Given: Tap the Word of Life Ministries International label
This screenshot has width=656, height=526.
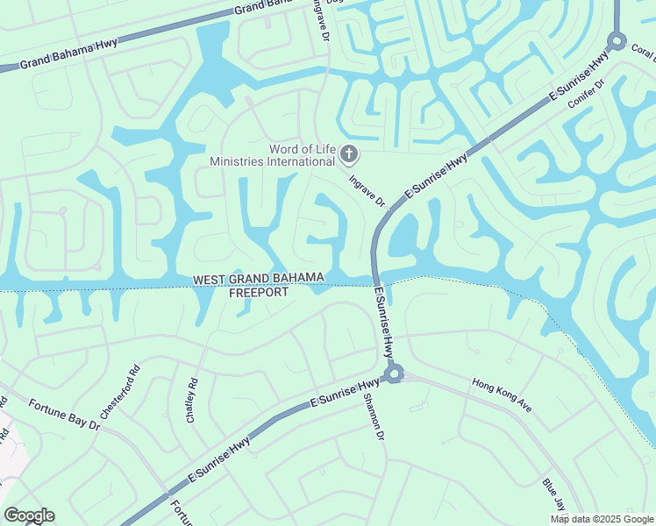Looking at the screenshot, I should pos(272,155).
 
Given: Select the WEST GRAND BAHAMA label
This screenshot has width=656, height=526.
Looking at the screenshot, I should pos(259,279).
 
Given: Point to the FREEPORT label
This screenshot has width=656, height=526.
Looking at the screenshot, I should pos(258,293).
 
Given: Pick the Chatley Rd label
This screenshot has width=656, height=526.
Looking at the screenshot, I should pos(193,402).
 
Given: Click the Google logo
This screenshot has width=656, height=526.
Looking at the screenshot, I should pos(29,515).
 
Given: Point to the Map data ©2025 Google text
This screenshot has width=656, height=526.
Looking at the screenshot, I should pos(602,519).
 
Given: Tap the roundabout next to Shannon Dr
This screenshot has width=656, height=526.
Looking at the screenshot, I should pos(394,373).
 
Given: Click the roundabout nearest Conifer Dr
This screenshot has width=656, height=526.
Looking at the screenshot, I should pos(616,39).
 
